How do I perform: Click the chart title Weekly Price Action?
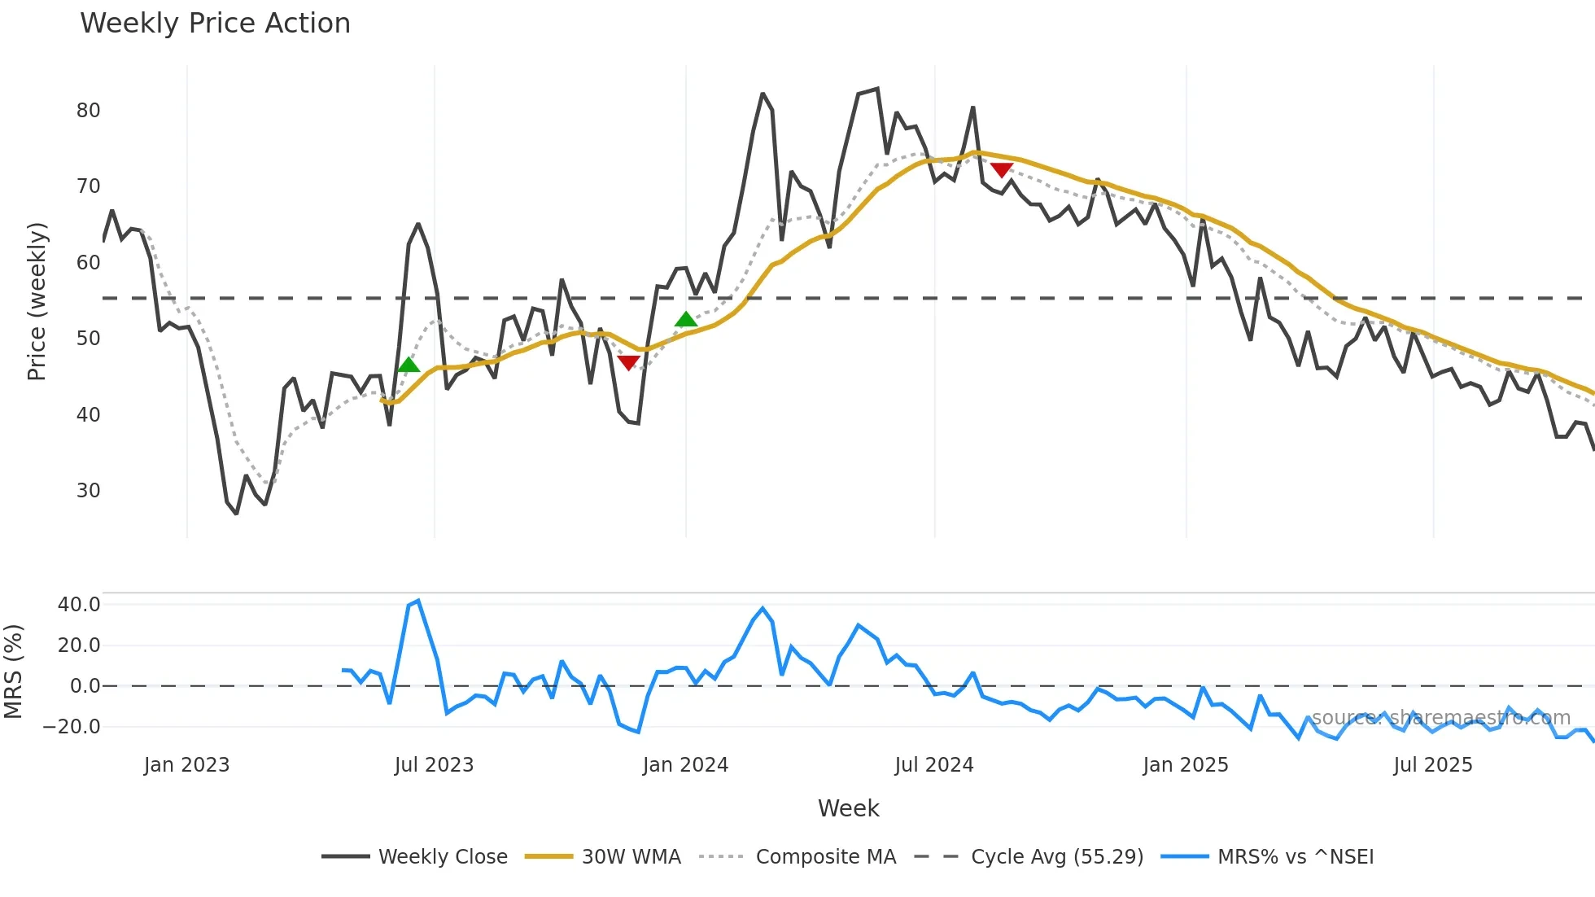(215, 24)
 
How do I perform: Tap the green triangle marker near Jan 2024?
(686, 319)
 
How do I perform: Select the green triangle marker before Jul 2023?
(409, 364)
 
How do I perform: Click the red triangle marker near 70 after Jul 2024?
(1001, 169)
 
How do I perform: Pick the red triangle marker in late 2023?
(628, 362)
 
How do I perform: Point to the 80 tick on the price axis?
(89, 111)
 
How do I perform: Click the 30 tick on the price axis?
(89, 491)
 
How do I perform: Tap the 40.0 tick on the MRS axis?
(79, 605)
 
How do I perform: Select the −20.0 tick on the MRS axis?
(72, 727)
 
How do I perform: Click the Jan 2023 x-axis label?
(186, 765)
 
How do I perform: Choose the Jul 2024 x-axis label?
(933, 765)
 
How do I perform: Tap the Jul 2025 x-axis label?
(1432, 765)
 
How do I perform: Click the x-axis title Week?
(848, 808)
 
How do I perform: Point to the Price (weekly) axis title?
(37, 301)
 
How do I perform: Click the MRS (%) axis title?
(14, 672)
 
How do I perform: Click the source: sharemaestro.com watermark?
(1440, 718)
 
